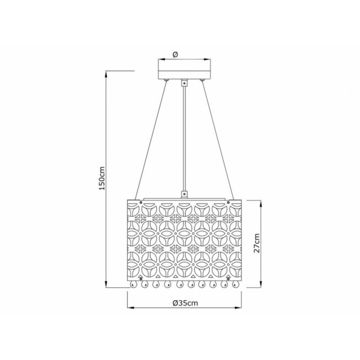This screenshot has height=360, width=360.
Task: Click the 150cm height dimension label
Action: [x=102, y=178]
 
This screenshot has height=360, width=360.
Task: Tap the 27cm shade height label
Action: [x=256, y=243]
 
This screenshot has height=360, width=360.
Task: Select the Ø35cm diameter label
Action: [x=185, y=303]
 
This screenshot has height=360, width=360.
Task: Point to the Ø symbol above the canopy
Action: [x=175, y=54]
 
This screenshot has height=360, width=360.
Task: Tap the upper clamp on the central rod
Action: [x=184, y=83]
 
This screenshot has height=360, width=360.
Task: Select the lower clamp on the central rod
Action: [x=184, y=195]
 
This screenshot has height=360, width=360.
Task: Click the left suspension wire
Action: [x=151, y=140]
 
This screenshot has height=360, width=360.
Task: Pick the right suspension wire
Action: [x=218, y=140]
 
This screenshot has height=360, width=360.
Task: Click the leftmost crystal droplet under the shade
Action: [x=133, y=284]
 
